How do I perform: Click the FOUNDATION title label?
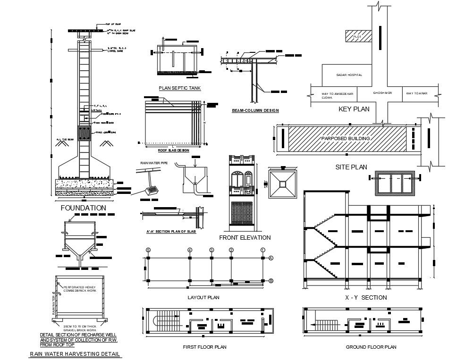(x=83, y=208)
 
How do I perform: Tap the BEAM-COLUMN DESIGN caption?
(x=255, y=110)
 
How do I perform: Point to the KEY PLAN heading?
(x=354, y=109)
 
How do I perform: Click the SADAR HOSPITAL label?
(x=349, y=75)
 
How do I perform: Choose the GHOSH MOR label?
(x=382, y=93)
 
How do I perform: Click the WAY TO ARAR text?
(x=416, y=93)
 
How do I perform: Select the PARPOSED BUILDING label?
(x=345, y=139)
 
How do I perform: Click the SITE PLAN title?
(x=351, y=167)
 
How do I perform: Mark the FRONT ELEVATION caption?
(x=245, y=237)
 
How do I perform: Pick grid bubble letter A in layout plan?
(x=271, y=258)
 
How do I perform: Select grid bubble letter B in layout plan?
(x=271, y=281)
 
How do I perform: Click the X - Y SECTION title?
(x=365, y=297)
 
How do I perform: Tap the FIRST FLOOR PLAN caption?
(x=204, y=347)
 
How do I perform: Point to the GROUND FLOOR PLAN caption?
(x=371, y=347)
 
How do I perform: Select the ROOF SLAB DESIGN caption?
(x=173, y=150)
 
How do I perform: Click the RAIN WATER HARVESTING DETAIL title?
(x=75, y=354)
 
